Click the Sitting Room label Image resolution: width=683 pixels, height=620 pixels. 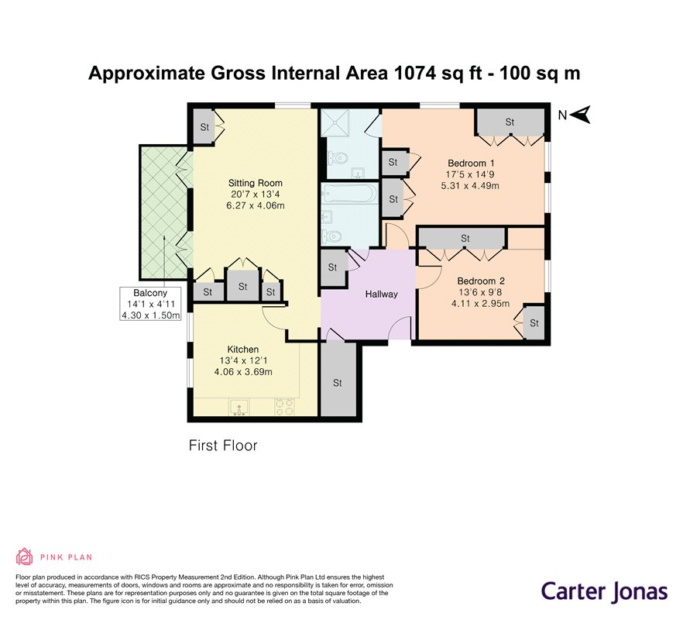pyautogui.click(x=256, y=183)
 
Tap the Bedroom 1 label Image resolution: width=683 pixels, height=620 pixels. pyautogui.click(x=471, y=164)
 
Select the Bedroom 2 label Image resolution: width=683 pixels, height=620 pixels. pyautogui.click(x=481, y=281)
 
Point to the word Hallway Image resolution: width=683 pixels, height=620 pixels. pyautogui.click(x=382, y=294)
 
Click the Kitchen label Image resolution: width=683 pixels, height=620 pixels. pyautogui.click(x=243, y=350)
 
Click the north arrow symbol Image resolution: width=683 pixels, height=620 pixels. pyautogui.click(x=580, y=115)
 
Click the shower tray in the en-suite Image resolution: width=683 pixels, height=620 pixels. pyautogui.click(x=335, y=122)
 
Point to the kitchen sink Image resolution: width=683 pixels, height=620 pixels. pyautogui.click(x=239, y=407)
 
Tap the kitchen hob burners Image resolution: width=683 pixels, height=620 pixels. pyautogui.click(x=284, y=407)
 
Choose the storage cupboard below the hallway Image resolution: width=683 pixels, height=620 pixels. pyautogui.click(x=338, y=379)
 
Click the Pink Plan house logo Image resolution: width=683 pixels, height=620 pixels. pyautogui.click(x=25, y=556)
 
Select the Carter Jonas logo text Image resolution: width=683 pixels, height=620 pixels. pyautogui.click(x=605, y=592)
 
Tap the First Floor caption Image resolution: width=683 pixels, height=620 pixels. pyautogui.click(x=223, y=446)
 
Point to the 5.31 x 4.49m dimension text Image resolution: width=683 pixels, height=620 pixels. pyautogui.click(x=471, y=186)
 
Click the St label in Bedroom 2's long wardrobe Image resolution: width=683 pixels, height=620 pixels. pyautogui.click(x=465, y=239)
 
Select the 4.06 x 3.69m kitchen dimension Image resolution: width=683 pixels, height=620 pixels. pyautogui.click(x=243, y=372)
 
